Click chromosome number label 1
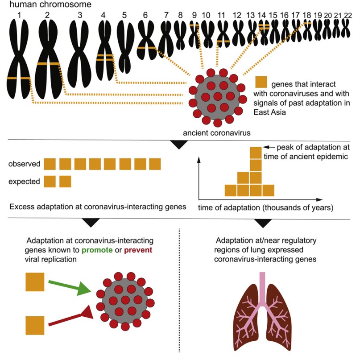tap(19, 15)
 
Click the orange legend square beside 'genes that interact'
tap(261, 82)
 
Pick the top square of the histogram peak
tap(255, 153)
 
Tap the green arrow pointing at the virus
tap(71, 287)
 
